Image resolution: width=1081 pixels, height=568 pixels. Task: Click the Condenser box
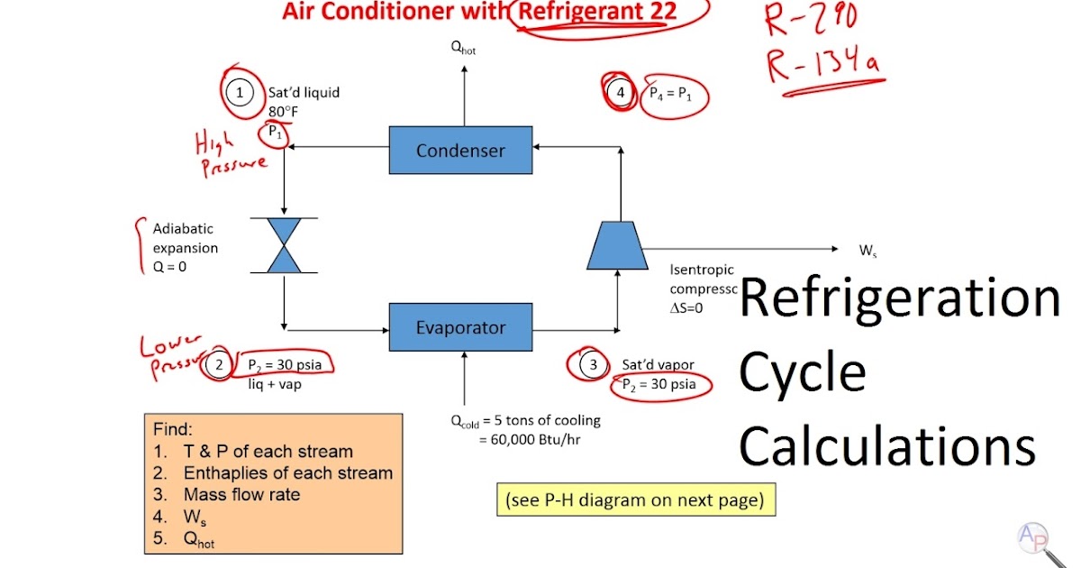click(x=460, y=151)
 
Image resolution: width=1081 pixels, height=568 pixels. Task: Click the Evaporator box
click(x=460, y=327)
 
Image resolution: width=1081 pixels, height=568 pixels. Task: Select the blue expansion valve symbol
click(x=285, y=245)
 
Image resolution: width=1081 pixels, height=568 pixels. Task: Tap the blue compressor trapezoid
click(x=617, y=245)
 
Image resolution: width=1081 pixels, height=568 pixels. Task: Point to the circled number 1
click(x=240, y=93)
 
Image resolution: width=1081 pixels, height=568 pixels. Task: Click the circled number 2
click(x=219, y=365)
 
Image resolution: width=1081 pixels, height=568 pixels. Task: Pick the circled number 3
click(x=592, y=365)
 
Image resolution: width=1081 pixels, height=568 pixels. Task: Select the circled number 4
click(x=620, y=93)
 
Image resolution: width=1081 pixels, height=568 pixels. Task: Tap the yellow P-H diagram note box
click(x=635, y=499)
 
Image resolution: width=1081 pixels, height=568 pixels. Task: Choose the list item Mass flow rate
click(x=241, y=495)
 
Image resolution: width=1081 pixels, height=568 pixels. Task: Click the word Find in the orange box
click(x=173, y=429)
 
